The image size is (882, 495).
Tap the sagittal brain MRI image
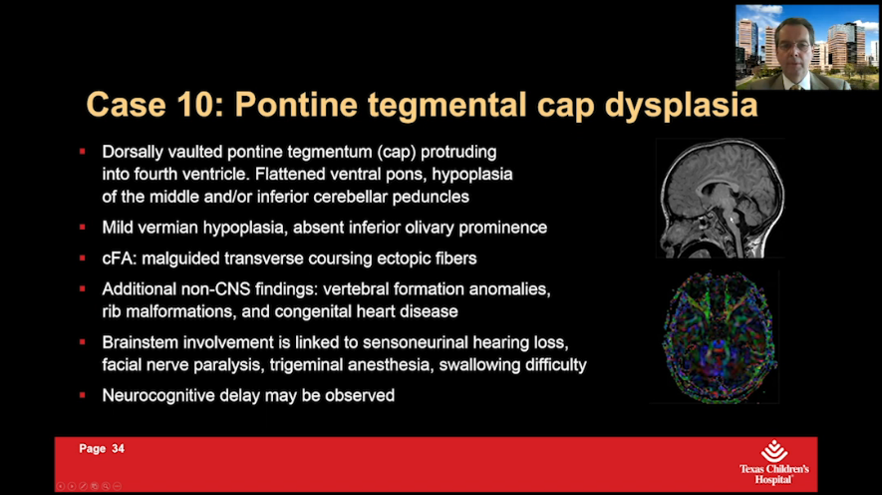pyautogui.click(x=719, y=199)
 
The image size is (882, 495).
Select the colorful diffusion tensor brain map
pyautogui.click(x=719, y=337)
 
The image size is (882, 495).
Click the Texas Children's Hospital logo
pyautogui.click(x=773, y=461)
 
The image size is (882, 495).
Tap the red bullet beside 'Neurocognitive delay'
pyautogui.click(x=83, y=395)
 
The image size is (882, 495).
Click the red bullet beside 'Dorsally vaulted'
pyautogui.click(x=83, y=152)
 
